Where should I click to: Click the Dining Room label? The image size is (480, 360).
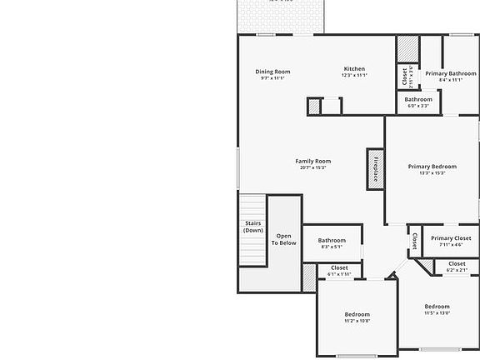pyautogui.click(x=272, y=72)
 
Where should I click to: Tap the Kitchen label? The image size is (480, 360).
pyautogui.click(x=354, y=68)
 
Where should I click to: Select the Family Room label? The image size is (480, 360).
pyautogui.click(x=312, y=161)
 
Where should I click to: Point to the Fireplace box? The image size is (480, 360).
pyautogui.click(x=376, y=169)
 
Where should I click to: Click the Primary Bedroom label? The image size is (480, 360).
pyautogui.click(x=432, y=167)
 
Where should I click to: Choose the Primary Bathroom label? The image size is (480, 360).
pyautogui.click(x=450, y=73)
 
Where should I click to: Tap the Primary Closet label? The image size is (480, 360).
pyautogui.click(x=451, y=238)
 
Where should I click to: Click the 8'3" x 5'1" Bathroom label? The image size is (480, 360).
pyautogui.click(x=332, y=241)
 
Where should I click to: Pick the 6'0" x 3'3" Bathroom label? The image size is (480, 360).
pyautogui.click(x=418, y=100)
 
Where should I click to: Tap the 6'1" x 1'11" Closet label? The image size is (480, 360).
pyautogui.click(x=339, y=268)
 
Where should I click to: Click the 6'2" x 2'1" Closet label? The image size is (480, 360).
pyautogui.click(x=457, y=264)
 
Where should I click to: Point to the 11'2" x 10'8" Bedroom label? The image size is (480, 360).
pyautogui.click(x=357, y=314)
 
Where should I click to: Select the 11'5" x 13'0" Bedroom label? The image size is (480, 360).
pyautogui.click(x=437, y=307)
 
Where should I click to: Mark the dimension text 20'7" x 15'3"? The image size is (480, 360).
pyautogui.click(x=312, y=167)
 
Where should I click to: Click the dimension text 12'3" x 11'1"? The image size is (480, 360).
pyautogui.click(x=354, y=75)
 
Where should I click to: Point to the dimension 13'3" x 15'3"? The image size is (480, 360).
pyautogui.click(x=432, y=173)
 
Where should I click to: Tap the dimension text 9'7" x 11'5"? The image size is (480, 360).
pyautogui.click(x=272, y=78)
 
